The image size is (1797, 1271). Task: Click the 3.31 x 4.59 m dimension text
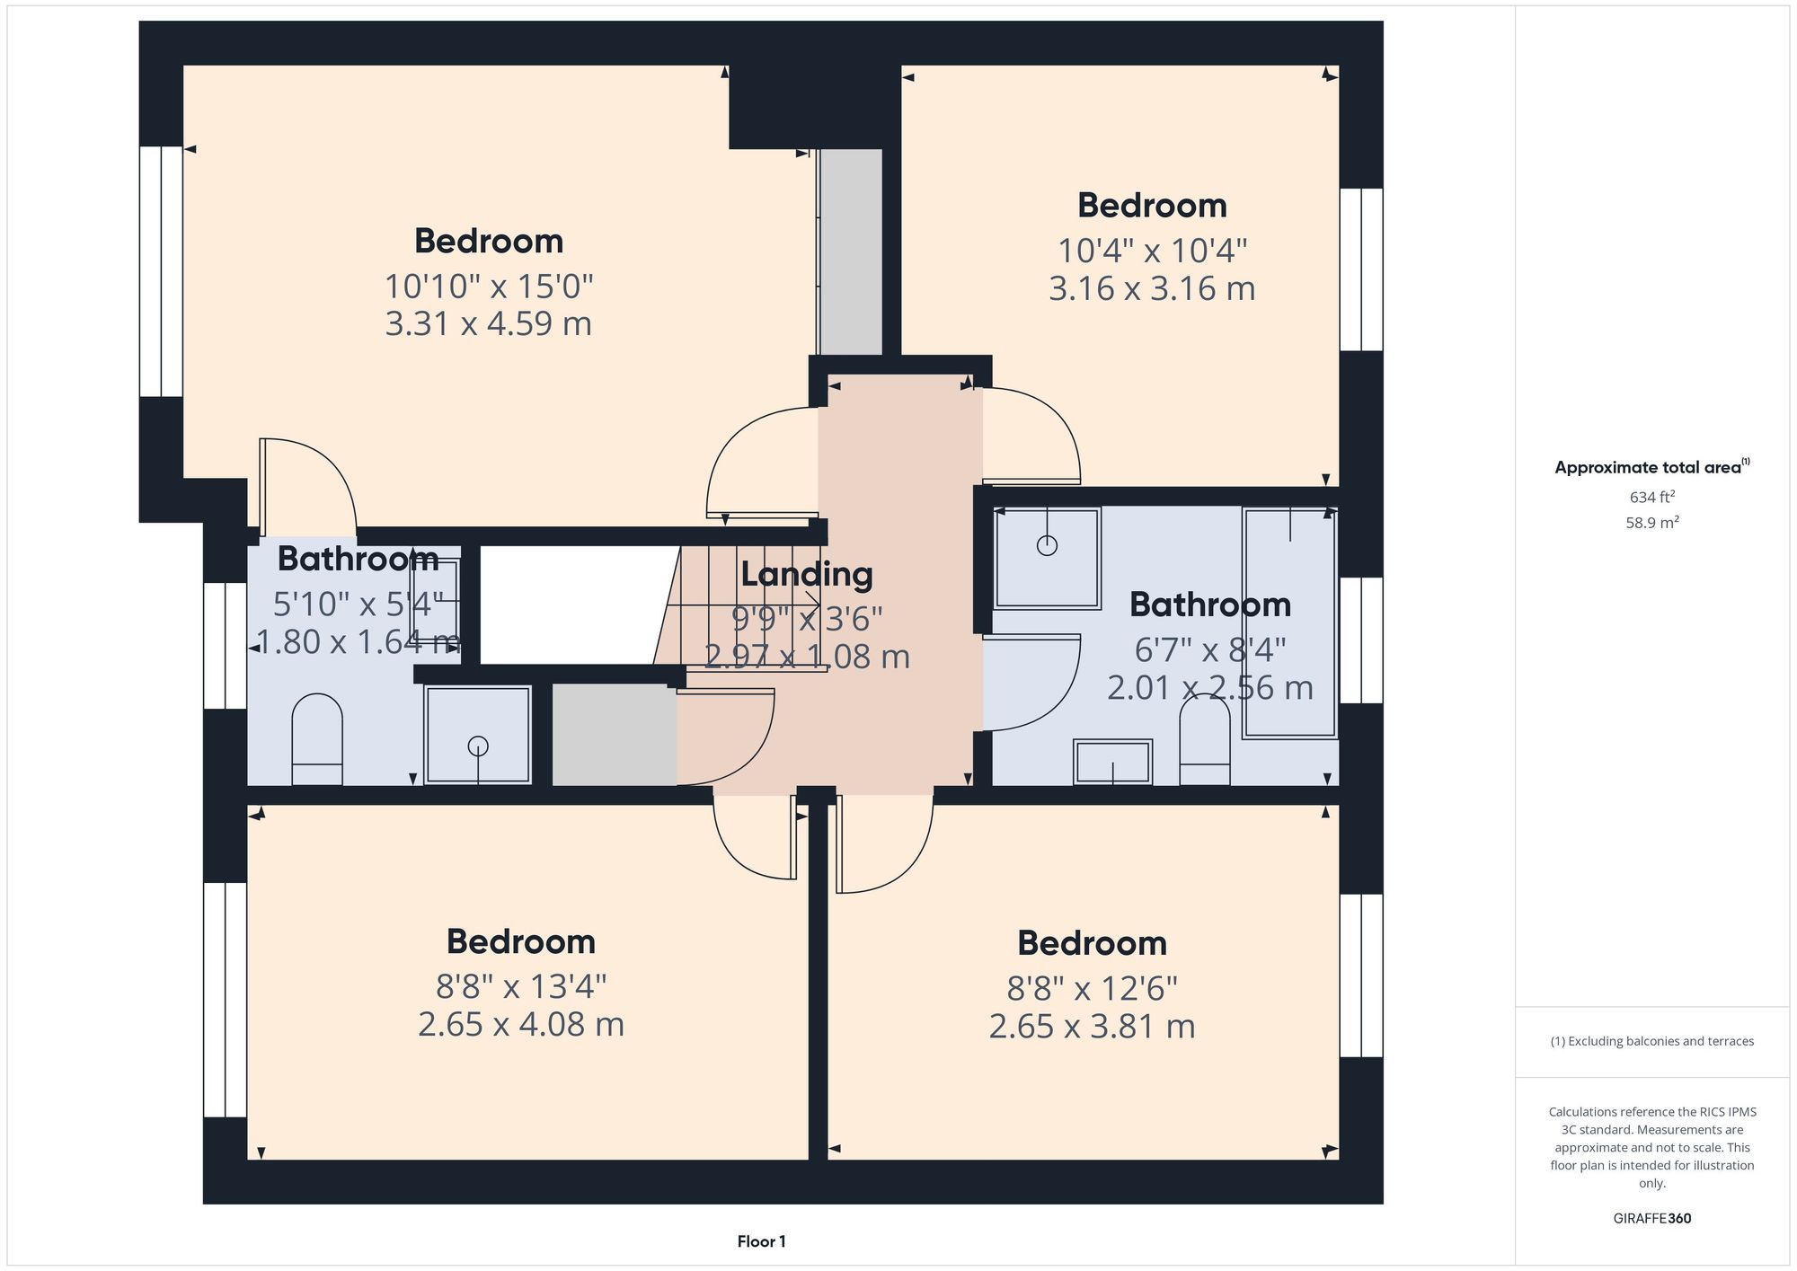point(488,323)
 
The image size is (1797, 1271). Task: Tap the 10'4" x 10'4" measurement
point(1152,251)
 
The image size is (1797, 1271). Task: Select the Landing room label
point(806,574)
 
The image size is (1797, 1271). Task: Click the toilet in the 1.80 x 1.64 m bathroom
point(317,739)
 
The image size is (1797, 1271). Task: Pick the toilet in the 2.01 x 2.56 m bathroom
point(1204,741)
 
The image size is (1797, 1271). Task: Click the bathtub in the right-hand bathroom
point(1289,622)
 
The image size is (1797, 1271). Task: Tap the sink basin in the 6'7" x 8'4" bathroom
point(1112,762)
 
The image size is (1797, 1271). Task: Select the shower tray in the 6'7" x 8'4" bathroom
point(1047,557)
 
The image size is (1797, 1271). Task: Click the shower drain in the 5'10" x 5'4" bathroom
point(478,745)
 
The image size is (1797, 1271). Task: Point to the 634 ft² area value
point(1651,497)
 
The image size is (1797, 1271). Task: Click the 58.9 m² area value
point(1651,522)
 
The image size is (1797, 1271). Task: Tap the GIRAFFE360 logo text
point(1651,1218)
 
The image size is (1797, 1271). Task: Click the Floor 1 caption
point(761,1241)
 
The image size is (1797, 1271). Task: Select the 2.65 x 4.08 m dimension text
point(520,1024)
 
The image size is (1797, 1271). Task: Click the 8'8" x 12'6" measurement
point(1092,989)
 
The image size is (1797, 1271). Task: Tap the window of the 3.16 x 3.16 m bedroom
point(1360,269)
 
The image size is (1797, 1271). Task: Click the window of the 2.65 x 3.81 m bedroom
point(1360,975)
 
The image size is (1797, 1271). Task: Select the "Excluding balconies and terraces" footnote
point(1651,1041)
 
